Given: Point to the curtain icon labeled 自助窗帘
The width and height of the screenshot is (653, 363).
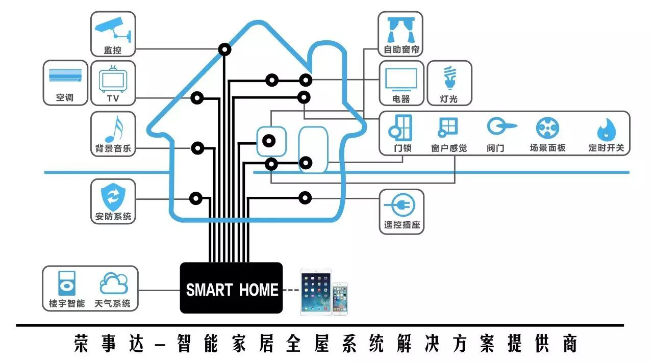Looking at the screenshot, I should pos(401,30).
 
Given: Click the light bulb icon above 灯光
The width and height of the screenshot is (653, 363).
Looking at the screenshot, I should pos(448,78).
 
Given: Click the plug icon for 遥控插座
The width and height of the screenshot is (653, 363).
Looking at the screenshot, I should pos(400,206).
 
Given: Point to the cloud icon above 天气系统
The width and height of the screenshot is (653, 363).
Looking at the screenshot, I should pos(113,284).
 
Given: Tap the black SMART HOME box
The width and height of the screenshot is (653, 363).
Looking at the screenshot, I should pos(231,288).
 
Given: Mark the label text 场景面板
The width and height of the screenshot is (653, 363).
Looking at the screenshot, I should pos(547,148).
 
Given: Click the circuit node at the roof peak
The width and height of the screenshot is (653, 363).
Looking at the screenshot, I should pos(224,49).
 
